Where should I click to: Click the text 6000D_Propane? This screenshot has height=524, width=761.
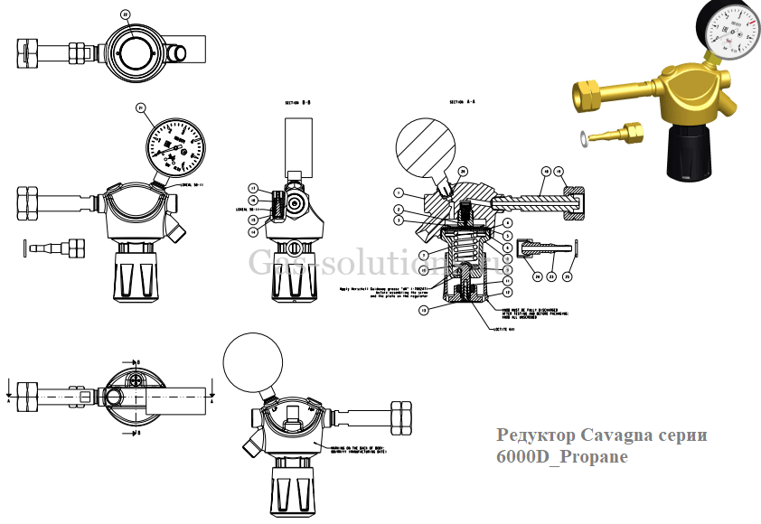click(561, 457)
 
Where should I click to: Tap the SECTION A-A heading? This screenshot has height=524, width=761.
click(462, 103)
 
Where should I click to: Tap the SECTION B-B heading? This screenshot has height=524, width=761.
click(297, 103)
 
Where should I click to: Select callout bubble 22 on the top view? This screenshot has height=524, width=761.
click(125, 14)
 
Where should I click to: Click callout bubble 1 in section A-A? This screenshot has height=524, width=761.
click(398, 192)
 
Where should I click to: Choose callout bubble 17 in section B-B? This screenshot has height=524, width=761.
click(254, 188)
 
